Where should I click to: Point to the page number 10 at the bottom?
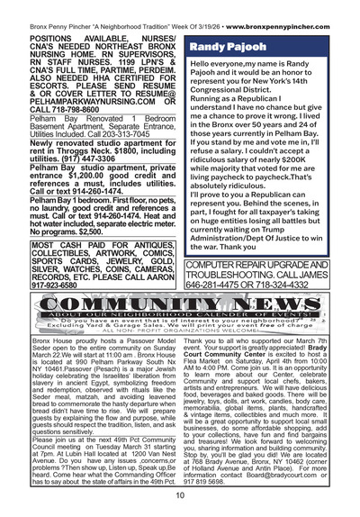point(180,494)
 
